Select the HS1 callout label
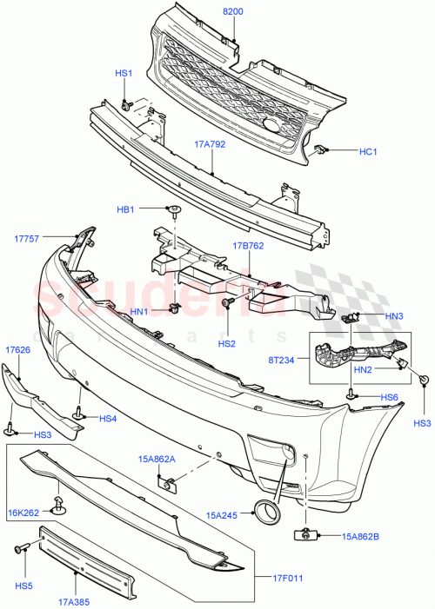pyautogui.click(x=124, y=75)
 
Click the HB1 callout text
pyautogui.click(x=125, y=209)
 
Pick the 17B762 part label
pyautogui.click(x=249, y=246)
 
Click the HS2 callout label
pyautogui.click(x=226, y=344)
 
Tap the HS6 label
pyautogui.click(x=389, y=397)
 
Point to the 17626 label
pyautogui.click(x=17, y=350)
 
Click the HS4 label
pyautogui.click(x=108, y=419)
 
